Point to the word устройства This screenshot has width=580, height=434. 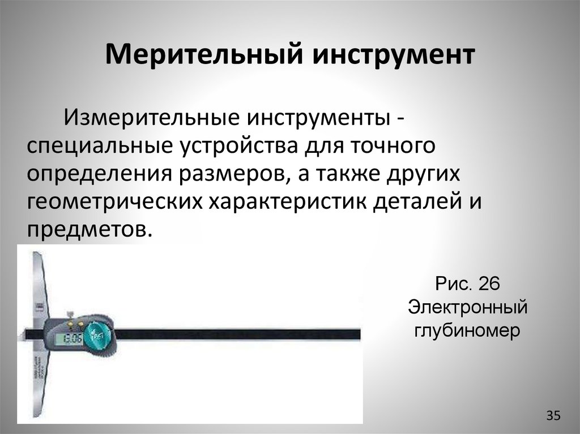pyautogui.click(x=241, y=147)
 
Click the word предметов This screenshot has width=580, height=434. pyautogui.click(x=89, y=230)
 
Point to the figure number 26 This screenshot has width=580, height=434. pyautogui.click(x=489, y=283)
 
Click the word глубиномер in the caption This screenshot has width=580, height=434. pyautogui.click(x=468, y=331)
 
